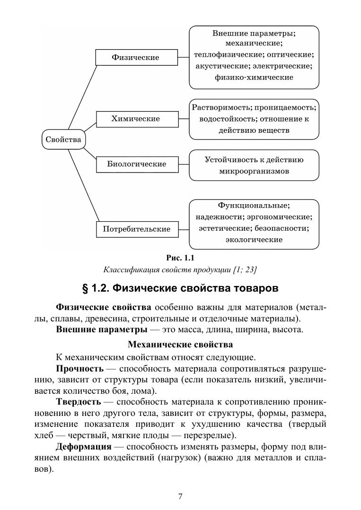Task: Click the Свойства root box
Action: (64, 139)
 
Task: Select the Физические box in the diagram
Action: (135, 57)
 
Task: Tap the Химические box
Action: (135, 119)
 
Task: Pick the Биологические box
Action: (137, 164)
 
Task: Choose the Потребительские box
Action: (136, 229)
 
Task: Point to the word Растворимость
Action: (219, 108)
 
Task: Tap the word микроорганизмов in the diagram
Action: (254, 171)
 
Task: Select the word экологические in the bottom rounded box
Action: (254, 240)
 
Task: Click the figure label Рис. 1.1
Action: (180, 258)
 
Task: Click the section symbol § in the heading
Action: (86, 288)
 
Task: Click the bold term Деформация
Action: (83, 447)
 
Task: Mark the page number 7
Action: (180, 496)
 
